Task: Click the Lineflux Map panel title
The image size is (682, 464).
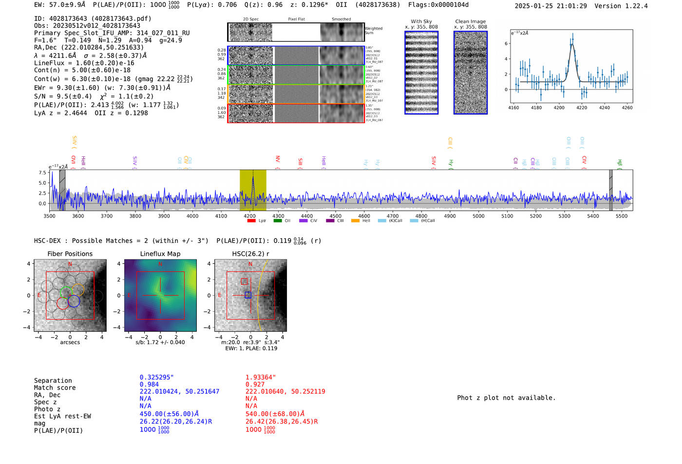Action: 160,254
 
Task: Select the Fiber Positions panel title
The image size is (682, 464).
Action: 70,254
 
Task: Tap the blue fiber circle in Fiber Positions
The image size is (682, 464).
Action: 74,301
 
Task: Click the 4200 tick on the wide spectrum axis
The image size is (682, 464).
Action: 249,216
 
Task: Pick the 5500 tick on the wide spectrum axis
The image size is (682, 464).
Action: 622,216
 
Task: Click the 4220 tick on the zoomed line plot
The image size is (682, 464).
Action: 582,108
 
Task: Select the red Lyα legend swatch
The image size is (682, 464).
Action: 251,221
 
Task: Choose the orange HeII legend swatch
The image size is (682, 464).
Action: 355,221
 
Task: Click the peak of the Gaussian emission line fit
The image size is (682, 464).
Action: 572,44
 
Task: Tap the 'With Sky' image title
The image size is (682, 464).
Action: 421,21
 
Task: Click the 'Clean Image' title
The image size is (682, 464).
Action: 470,21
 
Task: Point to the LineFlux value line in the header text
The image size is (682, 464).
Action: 84,63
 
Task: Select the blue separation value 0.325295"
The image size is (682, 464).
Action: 156,377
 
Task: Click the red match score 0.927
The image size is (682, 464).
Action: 255,385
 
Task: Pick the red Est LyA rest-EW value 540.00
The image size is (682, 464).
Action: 275,414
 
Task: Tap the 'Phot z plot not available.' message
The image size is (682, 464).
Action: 506,398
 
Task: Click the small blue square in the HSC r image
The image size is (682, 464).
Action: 248,295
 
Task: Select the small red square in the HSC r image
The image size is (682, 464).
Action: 244,281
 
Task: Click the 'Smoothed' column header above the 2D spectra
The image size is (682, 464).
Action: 341,19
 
